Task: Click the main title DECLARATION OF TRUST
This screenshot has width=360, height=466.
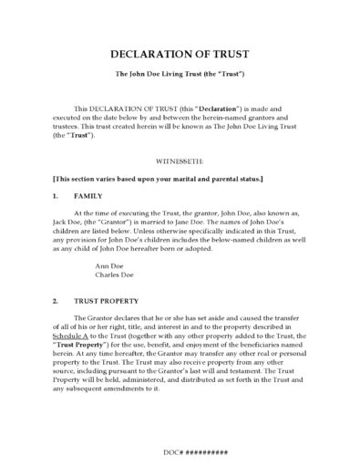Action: click(179, 54)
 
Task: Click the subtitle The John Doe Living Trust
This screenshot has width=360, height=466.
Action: click(179, 73)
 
